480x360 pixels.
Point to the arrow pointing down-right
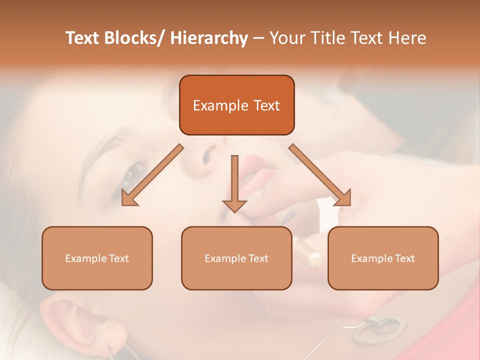click(320, 175)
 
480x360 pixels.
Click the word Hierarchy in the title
click(209, 38)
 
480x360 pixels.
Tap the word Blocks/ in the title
click(135, 38)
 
